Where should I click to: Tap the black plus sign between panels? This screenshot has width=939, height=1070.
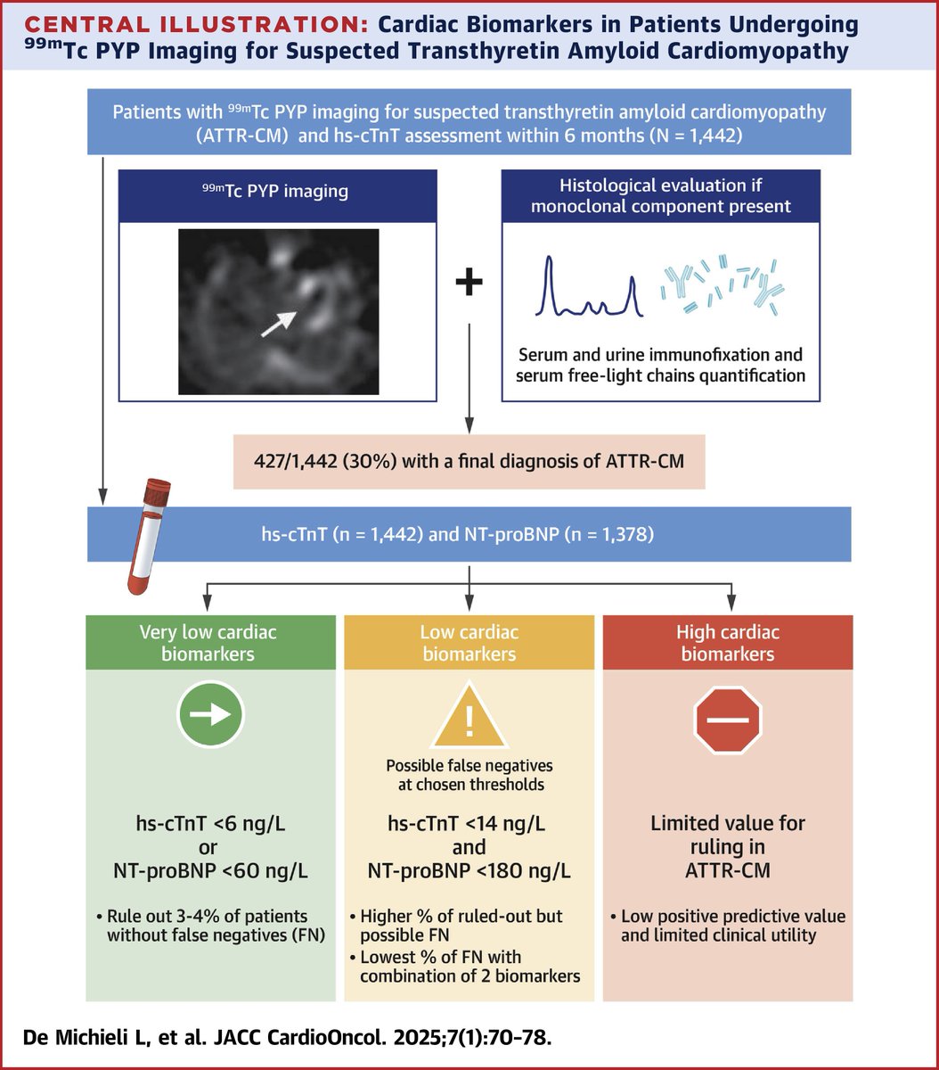(469, 284)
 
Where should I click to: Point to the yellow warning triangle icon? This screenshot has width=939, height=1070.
(469, 717)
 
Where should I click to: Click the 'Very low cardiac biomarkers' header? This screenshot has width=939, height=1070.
(208, 644)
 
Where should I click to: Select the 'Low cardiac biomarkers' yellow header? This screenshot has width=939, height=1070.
(469, 644)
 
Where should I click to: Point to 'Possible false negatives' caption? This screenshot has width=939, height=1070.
(469, 766)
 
